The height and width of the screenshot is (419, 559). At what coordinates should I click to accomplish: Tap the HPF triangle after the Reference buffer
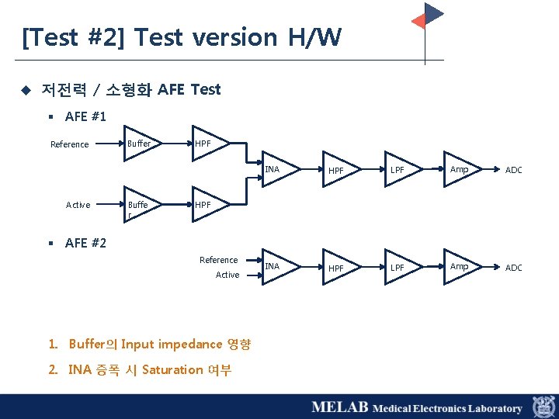[x=207, y=144]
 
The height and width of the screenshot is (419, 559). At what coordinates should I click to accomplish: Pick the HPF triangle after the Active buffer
[x=207, y=205]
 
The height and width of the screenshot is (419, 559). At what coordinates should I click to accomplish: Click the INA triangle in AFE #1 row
[x=275, y=170]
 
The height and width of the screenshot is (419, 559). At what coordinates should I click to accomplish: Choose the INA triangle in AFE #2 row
[x=275, y=267]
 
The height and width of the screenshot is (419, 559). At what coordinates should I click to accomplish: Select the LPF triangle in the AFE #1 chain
[x=401, y=170]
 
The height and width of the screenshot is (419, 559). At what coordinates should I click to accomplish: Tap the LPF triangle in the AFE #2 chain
[x=401, y=267]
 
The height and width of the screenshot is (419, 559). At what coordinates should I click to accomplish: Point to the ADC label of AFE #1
[x=514, y=170]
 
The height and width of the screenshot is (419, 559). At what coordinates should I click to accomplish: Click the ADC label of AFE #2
[x=514, y=268]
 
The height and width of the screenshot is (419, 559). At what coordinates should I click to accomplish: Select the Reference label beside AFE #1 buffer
[x=69, y=144]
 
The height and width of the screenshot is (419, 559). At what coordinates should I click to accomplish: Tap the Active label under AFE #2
[x=227, y=275]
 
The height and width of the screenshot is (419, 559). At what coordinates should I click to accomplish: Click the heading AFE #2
[x=85, y=243]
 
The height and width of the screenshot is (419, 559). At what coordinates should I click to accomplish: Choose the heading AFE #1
[x=85, y=116]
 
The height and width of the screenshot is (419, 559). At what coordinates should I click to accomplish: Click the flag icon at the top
[x=428, y=17]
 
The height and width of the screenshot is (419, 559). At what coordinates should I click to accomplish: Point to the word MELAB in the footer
[x=339, y=407]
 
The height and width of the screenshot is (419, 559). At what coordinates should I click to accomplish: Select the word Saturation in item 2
[x=172, y=369]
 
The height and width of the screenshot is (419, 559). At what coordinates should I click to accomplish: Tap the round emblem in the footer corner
[x=543, y=407]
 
